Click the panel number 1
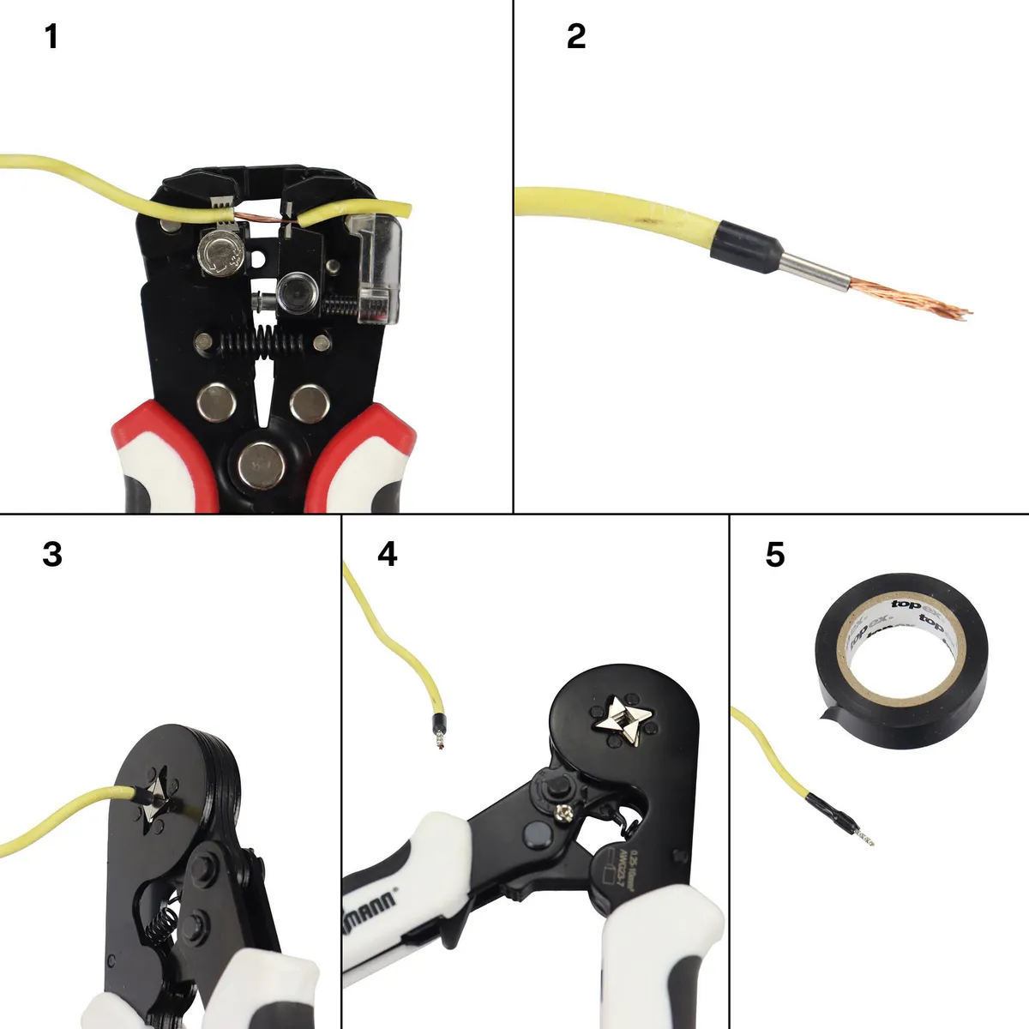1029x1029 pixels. [x=51, y=38]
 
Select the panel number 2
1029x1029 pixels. [x=576, y=37]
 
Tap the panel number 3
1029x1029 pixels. [x=52, y=555]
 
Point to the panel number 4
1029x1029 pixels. [x=388, y=555]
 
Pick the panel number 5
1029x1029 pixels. [x=774, y=555]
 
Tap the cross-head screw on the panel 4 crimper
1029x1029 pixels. [x=567, y=811]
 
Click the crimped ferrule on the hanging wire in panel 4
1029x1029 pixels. [x=439, y=729]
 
